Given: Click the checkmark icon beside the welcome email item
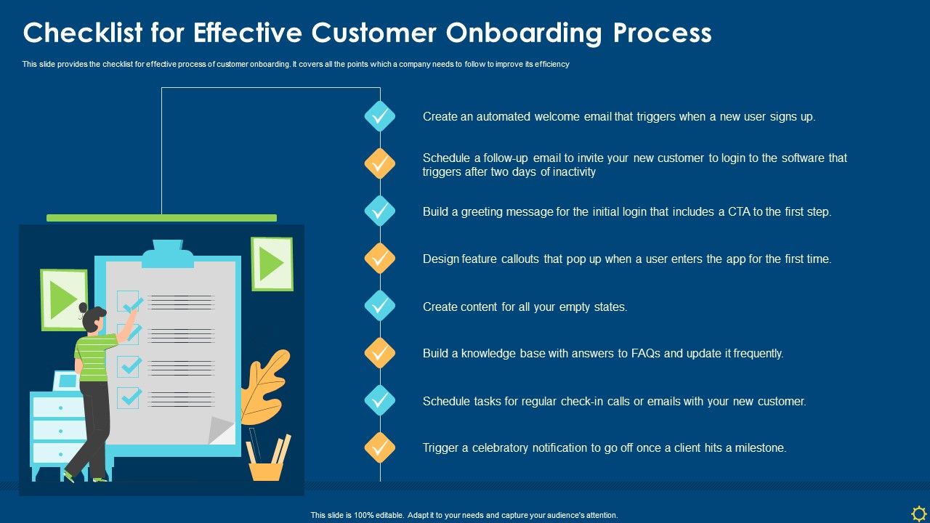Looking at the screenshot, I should (379, 116).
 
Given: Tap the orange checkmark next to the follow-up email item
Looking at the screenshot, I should (379, 164).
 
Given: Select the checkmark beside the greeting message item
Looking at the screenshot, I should (379, 211).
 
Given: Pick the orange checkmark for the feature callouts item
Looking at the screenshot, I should (379, 259).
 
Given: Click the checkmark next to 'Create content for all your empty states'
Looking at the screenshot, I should (379, 306).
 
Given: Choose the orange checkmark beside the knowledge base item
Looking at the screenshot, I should (379, 353).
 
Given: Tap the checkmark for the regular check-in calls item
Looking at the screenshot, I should (379, 400).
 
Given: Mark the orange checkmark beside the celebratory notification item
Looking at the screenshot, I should (379, 447).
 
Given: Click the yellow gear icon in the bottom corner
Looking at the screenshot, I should (918, 513).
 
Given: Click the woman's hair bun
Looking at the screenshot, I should (83, 308).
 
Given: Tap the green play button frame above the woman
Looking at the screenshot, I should (64, 299).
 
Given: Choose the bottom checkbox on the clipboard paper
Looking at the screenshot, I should (129, 397).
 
